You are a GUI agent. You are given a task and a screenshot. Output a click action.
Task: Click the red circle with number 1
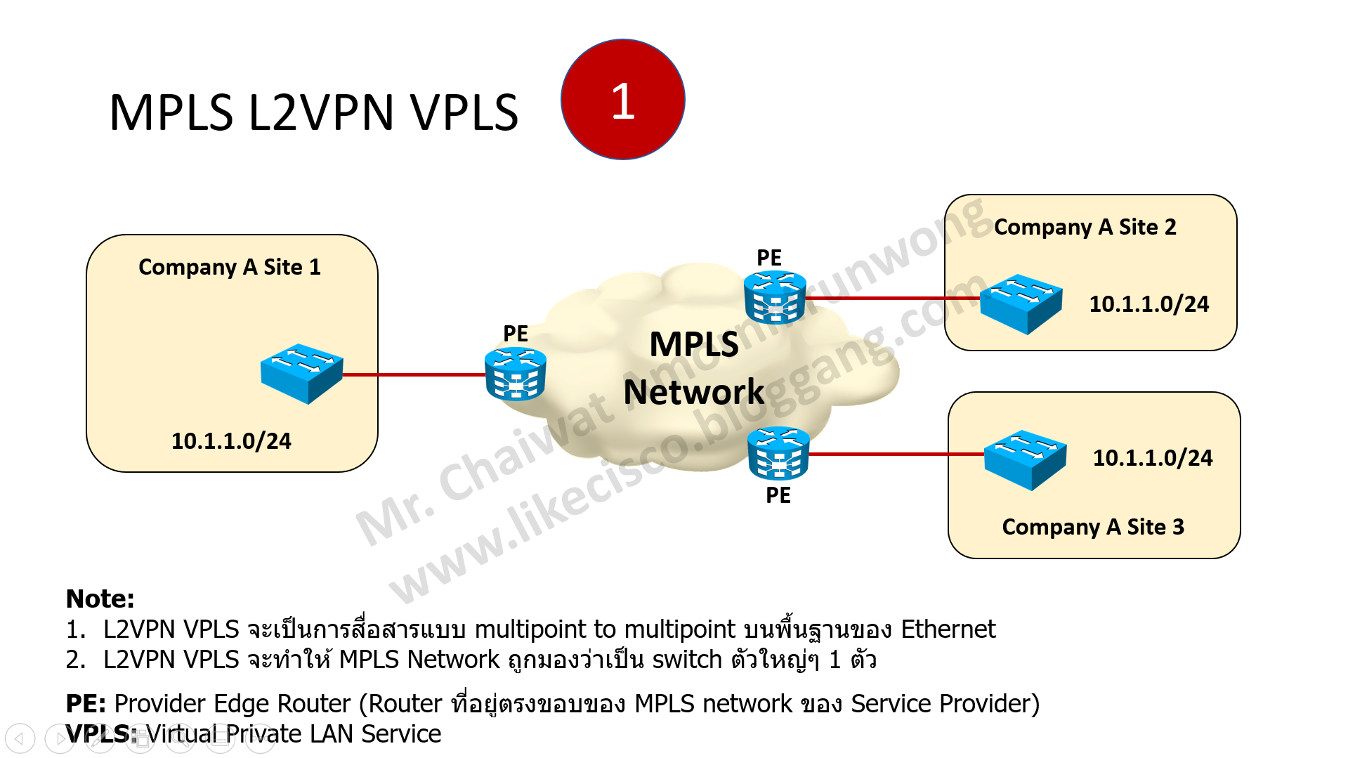pyautogui.click(x=622, y=100)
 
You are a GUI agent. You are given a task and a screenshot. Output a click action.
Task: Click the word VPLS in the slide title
pyautogui.click(x=464, y=113)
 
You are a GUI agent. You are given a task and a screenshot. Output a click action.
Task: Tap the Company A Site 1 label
pyautogui.click(x=229, y=267)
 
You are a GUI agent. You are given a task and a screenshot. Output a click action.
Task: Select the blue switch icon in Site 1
pyautogui.click(x=301, y=373)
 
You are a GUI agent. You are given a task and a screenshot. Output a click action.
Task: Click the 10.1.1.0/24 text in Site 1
pyautogui.click(x=231, y=440)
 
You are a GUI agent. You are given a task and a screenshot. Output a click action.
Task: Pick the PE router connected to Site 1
pyautogui.click(x=515, y=374)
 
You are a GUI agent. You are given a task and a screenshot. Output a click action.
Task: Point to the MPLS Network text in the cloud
pyautogui.click(x=693, y=368)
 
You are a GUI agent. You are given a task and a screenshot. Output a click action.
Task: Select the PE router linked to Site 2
pyautogui.click(x=775, y=297)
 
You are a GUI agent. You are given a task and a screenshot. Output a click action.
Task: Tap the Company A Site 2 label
pyautogui.click(x=1085, y=227)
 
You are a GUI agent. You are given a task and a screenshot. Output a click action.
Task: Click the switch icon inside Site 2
pyautogui.click(x=1021, y=303)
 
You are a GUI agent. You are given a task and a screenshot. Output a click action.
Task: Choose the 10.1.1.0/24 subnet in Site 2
pyautogui.click(x=1149, y=303)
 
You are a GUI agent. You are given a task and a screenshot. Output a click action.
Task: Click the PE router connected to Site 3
pyautogui.click(x=778, y=454)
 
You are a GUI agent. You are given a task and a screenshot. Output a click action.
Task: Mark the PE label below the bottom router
pyautogui.click(x=778, y=495)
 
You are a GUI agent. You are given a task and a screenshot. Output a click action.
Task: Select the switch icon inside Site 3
pyautogui.click(x=1025, y=459)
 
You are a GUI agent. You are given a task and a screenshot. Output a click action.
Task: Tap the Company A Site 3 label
pyautogui.click(x=1093, y=527)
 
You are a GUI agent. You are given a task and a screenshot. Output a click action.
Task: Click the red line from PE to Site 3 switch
pyautogui.click(x=896, y=454)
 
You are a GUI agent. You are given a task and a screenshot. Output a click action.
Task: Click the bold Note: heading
pyautogui.click(x=100, y=599)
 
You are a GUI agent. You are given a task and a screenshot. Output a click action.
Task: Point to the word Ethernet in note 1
pyautogui.click(x=948, y=629)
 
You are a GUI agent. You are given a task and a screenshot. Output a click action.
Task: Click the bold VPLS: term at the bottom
pyautogui.click(x=101, y=733)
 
